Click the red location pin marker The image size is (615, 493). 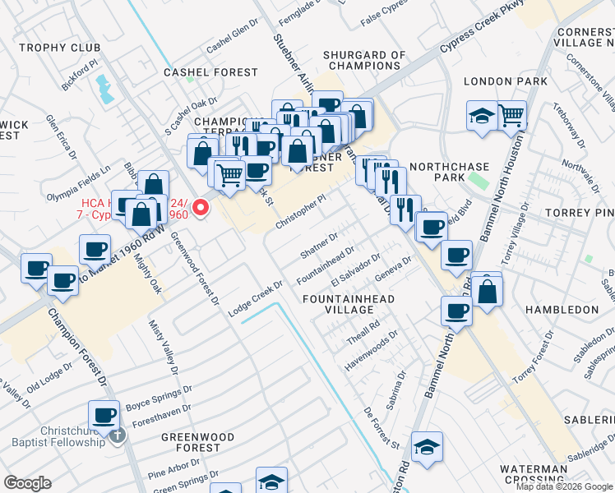[200, 207]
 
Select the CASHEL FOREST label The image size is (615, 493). [210, 72]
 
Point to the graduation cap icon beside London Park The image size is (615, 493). [482, 117]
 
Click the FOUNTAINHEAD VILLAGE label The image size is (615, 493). [348, 304]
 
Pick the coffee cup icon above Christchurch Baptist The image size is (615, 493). [104, 415]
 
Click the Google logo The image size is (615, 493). [27, 483]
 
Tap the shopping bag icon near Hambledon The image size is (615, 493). [487, 291]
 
